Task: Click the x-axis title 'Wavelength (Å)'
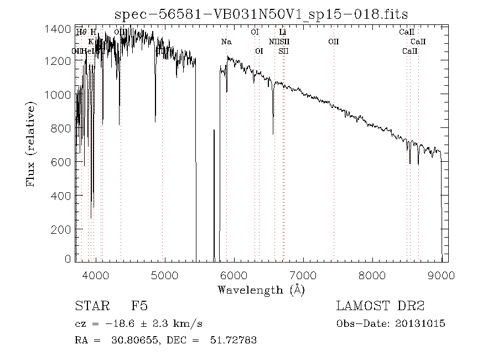[261, 290]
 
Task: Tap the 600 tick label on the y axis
[63, 162]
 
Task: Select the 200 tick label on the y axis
[63, 229]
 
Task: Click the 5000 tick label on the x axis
[165, 275]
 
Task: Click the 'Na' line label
[226, 42]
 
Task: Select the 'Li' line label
[282, 32]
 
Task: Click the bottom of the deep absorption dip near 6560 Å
[273, 133]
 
